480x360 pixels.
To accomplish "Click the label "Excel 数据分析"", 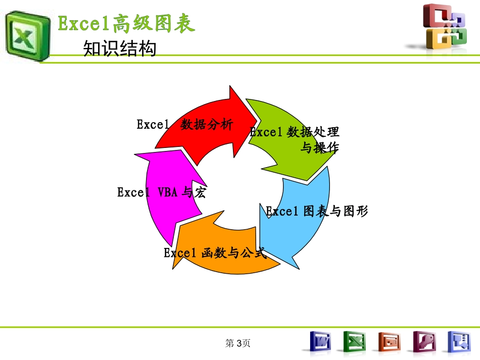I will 185,124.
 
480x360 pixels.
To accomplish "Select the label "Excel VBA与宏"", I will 161,192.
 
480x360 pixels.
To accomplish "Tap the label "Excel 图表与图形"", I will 317,211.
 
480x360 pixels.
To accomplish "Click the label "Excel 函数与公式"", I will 215,253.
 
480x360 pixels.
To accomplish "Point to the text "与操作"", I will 319,148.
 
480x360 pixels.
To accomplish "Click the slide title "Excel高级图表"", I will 126,24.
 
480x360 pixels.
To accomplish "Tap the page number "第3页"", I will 238,343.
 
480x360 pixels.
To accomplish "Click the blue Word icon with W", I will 319,342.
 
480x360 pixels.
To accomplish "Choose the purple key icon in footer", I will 424,342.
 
